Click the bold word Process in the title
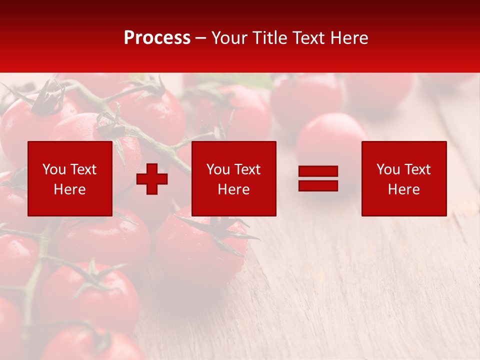(x=157, y=38)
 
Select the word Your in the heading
(x=230, y=38)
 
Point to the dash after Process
(x=201, y=38)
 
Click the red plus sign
(x=152, y=179)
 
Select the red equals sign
(x=318, y=178)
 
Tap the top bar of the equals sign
(x=318, y=171)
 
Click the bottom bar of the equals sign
(x=318, y=185)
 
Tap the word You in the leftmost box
(x=53, y=169)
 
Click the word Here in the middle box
(x=233, y=189)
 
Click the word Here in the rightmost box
(x=403, y=189)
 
